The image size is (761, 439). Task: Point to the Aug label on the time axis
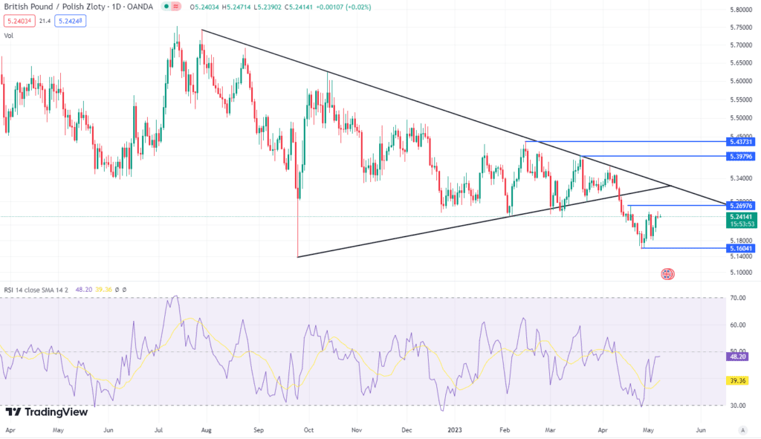click(206, 429)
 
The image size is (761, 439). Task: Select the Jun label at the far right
click(700, 429)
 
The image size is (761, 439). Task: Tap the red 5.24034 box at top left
click(19, 22)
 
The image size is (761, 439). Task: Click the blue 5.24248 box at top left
click(70, 22)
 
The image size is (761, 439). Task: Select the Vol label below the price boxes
click(9, 35)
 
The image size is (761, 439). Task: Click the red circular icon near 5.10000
click(667, 274)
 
